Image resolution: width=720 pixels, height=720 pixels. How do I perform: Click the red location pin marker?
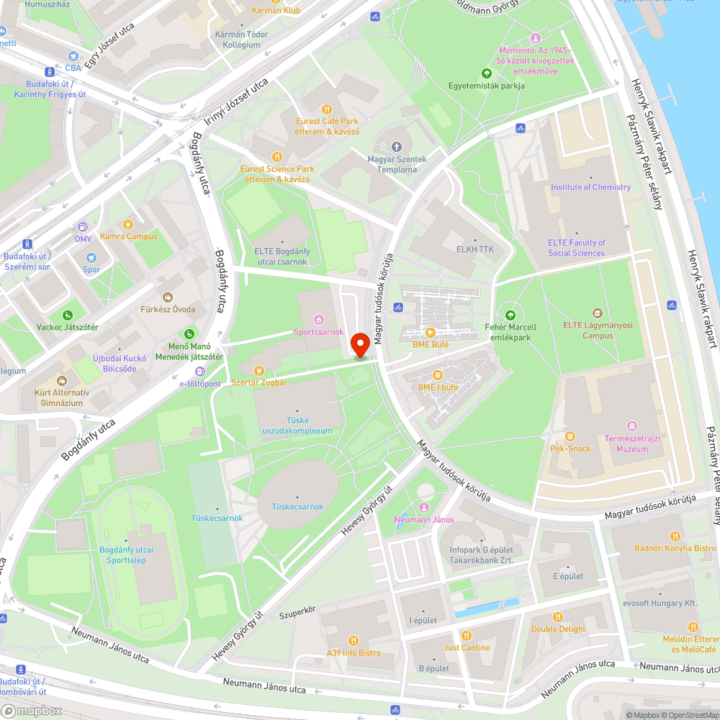click(x=360, y=344)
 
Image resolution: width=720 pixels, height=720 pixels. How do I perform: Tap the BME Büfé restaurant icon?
click(x=431, y=332)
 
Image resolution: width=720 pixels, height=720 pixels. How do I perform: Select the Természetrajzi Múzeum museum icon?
click(x=632, y=426)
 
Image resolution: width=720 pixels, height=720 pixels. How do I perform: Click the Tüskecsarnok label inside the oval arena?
click(x=297, y=506)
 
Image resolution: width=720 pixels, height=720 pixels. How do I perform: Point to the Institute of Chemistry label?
click(x=590, y=187)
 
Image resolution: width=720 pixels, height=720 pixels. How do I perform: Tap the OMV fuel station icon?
click(x=83, y=225)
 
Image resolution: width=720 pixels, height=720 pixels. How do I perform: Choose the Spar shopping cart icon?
click(x=91, y=258)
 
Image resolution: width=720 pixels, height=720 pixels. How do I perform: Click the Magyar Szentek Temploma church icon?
click(x=397, y=147)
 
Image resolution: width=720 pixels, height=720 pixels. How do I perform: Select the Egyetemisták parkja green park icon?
click(x=486, y=73)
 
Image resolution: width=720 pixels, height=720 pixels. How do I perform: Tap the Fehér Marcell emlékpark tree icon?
click(x=510, y=315)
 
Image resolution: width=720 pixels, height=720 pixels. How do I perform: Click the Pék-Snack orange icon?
click(x=570, y=436)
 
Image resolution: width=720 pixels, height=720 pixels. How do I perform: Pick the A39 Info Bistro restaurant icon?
click(x=353, y=640)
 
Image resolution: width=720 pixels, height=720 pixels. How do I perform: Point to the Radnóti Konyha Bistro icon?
click(x=675, y=536)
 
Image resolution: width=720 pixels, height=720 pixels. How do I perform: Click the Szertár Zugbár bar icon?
click(x=259, y=371)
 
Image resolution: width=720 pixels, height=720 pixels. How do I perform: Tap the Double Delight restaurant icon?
click(x=558, y=617)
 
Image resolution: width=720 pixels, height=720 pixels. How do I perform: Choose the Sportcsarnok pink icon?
click(x=319, y=320)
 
